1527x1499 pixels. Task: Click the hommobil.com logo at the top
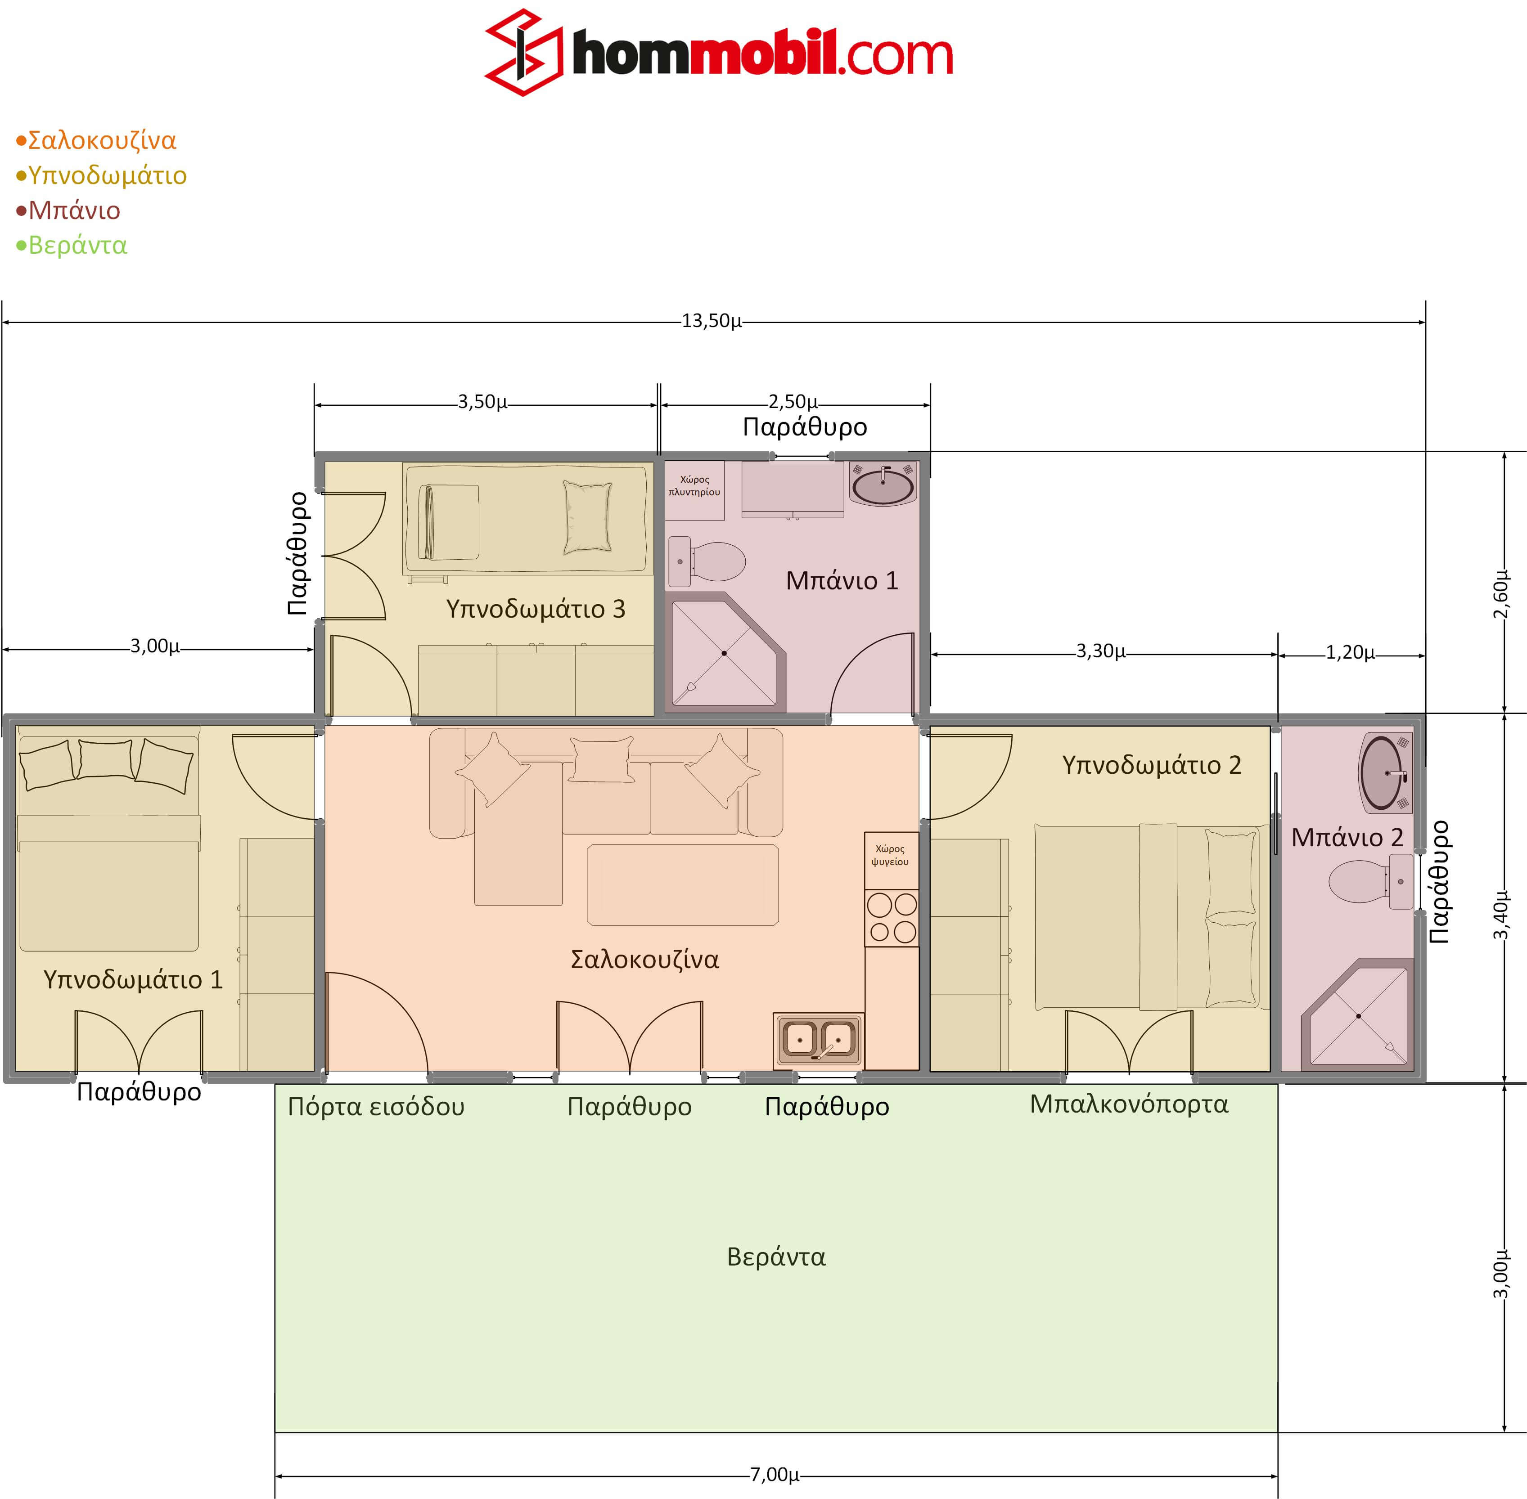(718, 53)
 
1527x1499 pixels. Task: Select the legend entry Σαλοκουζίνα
(96, 140)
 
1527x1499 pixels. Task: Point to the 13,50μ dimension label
(711, 321)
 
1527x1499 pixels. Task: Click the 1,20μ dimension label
(1350, 653)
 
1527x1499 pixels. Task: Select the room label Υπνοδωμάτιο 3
(536, 609)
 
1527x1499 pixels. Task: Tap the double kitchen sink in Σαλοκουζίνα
(818, 1039)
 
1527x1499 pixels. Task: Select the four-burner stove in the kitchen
(892, 918)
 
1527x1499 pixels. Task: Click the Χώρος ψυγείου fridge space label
(890, 855)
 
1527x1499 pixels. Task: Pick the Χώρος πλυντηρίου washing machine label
(694, 486)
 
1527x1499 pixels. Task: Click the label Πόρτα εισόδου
(376, 1107)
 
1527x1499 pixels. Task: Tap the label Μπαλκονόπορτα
(1129, 1104)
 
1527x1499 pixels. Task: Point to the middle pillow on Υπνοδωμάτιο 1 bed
(105, 759)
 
